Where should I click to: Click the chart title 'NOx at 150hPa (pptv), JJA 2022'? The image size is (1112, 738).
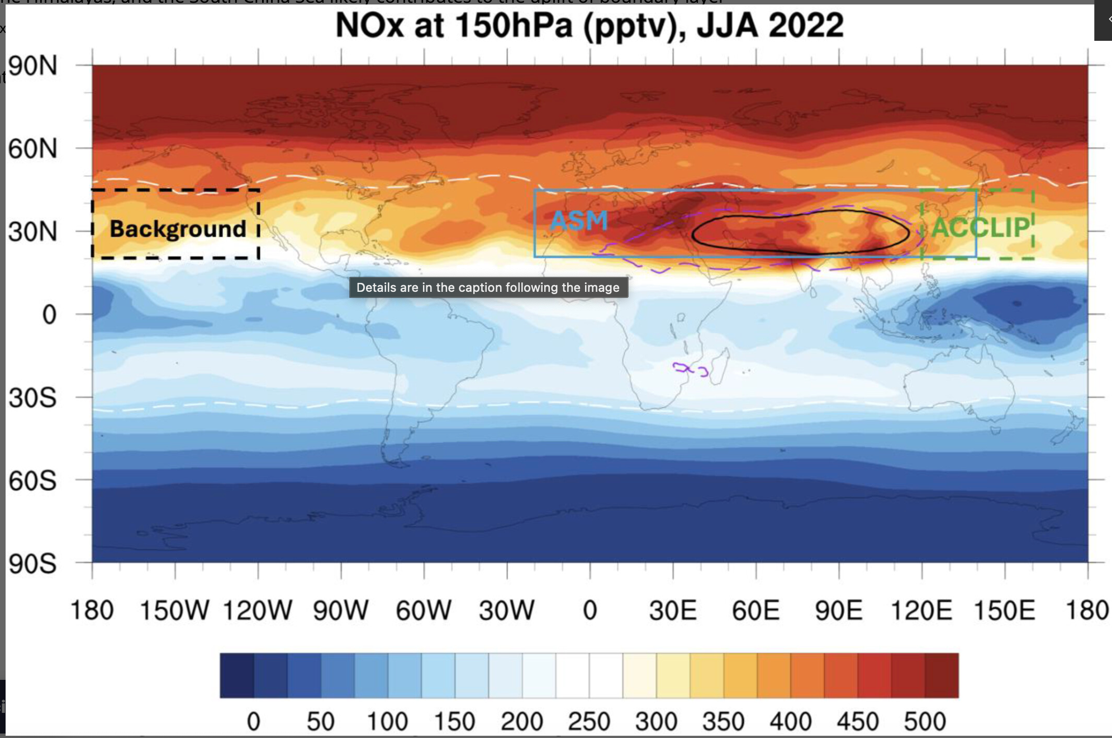[590, 25]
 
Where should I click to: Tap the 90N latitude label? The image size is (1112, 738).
[33, 66]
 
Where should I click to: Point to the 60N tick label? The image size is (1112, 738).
[33, 149]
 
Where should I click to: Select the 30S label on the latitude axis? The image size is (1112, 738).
[33, 398]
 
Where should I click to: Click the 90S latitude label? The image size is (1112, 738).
[33, 564]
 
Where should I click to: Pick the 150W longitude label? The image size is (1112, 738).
[174, 610]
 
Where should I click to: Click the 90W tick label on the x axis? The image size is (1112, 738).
[341, 610]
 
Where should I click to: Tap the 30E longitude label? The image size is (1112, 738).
[673, 610]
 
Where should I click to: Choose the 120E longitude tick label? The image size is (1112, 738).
[921, 610]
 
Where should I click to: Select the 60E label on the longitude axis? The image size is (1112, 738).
[755, 610]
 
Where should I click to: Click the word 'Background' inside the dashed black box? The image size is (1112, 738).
[178, 229]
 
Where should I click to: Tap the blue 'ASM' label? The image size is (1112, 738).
[579, 221]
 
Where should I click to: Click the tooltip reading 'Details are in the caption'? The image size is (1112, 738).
[488, 287]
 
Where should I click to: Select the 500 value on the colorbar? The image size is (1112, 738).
[925, 721]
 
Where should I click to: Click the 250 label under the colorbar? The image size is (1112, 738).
[589, 721]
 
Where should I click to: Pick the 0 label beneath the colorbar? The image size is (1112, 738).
[253, 721]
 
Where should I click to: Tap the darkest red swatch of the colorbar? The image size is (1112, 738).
[942, 675]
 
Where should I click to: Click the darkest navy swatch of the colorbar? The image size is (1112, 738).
[237, 675]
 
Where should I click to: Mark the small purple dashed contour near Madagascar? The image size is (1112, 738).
[690, 369]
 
